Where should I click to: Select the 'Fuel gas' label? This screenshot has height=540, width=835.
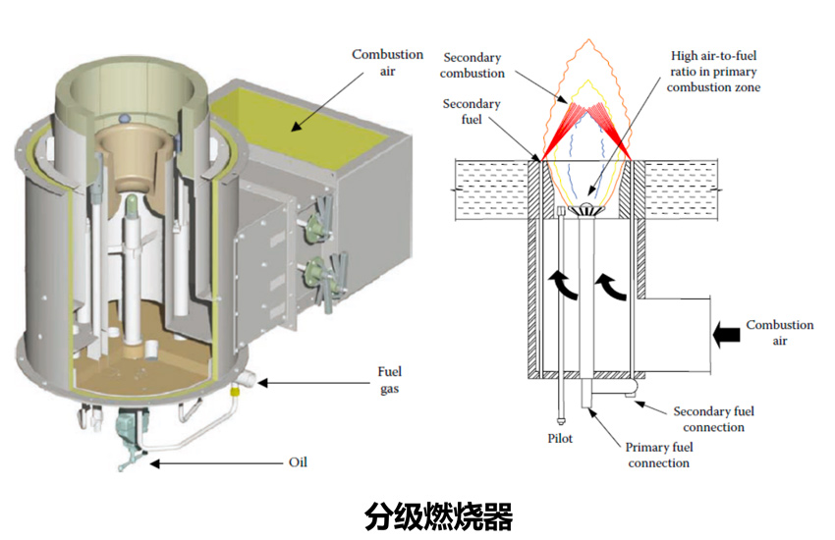click(x=390, y=379)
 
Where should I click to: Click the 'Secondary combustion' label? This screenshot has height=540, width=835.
click(x=473, y=65)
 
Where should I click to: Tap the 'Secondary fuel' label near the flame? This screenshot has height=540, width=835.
click(x=472, y=112)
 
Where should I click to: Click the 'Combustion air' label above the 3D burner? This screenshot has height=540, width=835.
click(x=388, y=62)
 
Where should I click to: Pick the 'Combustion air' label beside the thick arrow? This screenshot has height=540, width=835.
click(x=779, y=333)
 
